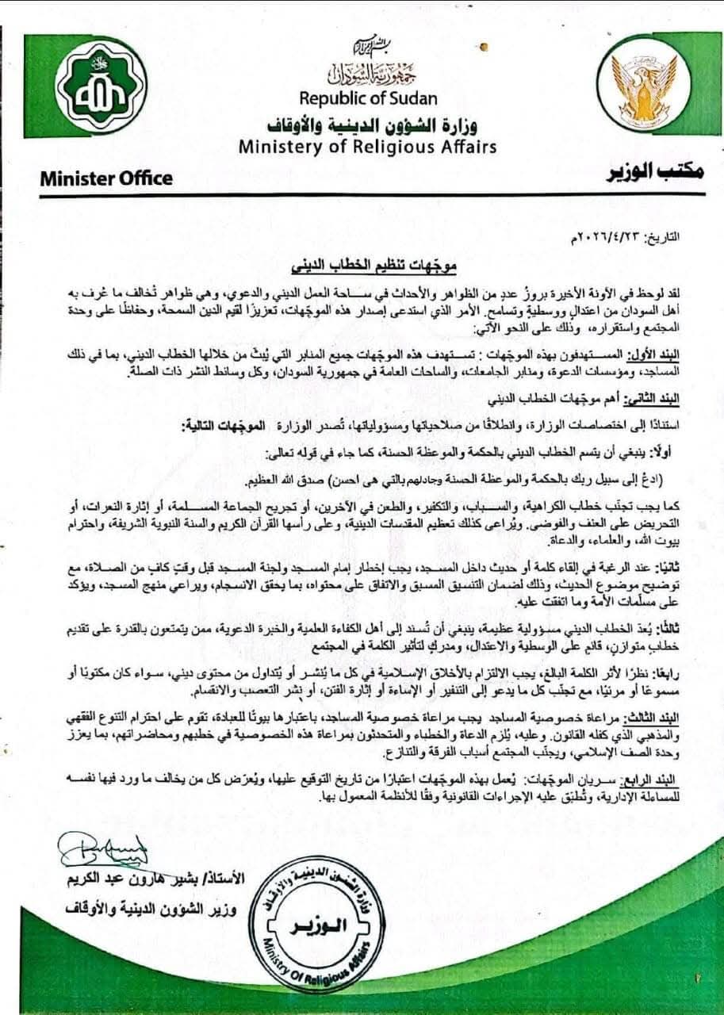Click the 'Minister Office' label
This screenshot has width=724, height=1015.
106,178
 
